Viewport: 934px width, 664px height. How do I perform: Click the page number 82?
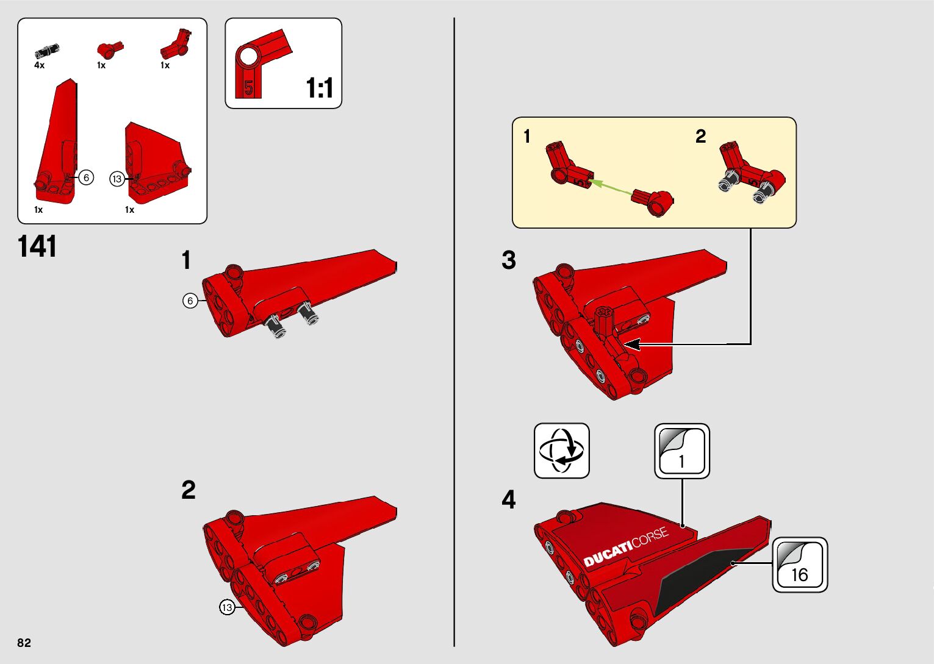point(24,643)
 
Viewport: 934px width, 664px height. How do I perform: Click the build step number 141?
point(37,246)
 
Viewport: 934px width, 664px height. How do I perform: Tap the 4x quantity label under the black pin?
point(39,65)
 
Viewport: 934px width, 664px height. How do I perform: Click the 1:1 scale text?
point(320,88)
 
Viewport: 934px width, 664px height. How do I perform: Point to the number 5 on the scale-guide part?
point(248,88)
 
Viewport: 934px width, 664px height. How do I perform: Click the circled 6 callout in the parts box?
point(86,177)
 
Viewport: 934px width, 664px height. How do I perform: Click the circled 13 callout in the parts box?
point(117,179)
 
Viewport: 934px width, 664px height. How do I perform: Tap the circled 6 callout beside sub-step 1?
point(190,301)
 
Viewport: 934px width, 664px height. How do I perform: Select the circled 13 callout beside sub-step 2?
point(227,607)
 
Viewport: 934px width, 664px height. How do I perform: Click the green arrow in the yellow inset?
point(611,188)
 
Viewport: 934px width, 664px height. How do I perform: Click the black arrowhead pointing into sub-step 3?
point(631,344)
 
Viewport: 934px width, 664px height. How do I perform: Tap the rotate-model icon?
point(562,451)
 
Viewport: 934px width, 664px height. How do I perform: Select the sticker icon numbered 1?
point(681,451)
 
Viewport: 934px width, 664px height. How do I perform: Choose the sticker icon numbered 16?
point(800,565)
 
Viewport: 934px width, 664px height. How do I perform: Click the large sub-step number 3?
point(509,260)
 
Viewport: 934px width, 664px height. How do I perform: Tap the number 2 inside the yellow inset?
point(700,137)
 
